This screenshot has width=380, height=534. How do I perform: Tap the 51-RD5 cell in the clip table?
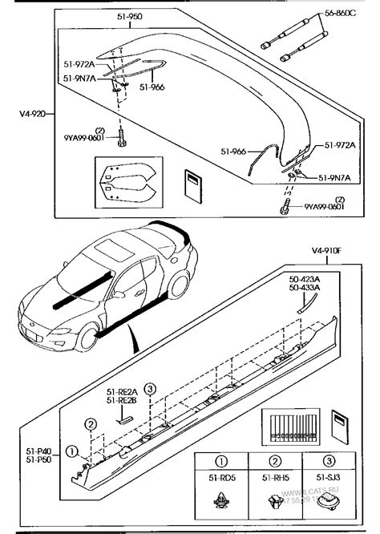click(x=220, y=483)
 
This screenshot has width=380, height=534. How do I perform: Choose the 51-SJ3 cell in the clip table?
click(x=324, y=483)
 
